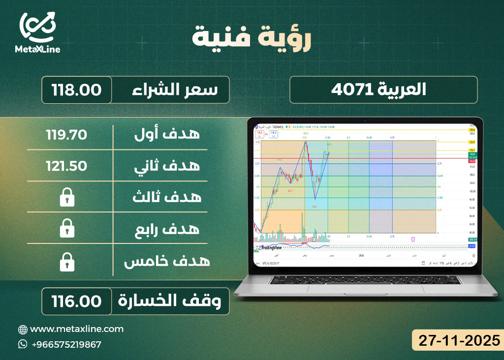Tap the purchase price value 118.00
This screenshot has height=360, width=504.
coord(76,90)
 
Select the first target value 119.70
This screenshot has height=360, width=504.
coord(66,133)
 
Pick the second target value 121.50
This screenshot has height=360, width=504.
coord(66,165)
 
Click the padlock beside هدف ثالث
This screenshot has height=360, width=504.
coord(66,198)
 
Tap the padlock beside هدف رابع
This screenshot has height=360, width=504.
coord(66,229)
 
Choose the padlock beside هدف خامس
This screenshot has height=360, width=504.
coord(66,262)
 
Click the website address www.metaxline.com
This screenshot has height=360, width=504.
coord(77,329)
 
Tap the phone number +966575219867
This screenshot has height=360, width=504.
coord(66,344)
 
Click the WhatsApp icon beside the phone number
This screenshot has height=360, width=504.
coord(23,344)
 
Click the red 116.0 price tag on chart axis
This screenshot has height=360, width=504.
coord(471,161)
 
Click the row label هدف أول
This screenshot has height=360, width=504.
coord(167,133)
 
